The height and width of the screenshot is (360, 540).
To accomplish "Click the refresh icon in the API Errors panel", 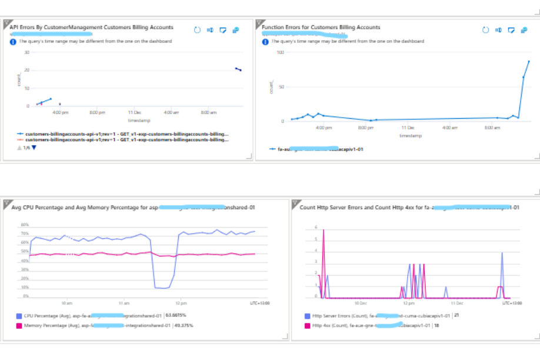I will point(196,29).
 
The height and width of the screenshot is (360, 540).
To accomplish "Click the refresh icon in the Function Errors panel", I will point(485,29).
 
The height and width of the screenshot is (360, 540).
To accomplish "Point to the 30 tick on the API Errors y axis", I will point(27,52).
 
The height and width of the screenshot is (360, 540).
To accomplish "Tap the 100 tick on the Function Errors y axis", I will point(281,52).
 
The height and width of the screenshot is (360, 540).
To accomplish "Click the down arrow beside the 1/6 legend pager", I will point(34,148).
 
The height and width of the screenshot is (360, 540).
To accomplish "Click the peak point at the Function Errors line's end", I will point(528,61).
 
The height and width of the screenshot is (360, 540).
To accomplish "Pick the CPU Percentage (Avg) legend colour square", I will point(19,316).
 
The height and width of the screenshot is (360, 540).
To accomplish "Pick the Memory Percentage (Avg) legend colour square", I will point(19,325).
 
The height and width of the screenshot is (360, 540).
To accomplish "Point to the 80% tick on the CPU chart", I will point(25,225).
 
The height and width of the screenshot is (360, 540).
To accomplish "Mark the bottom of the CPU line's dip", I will point(162,288).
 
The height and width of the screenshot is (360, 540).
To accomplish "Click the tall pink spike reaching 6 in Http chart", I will point(323,230).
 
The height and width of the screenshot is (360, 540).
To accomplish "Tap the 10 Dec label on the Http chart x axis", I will point(361,304).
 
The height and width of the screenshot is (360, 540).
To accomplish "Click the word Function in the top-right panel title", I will point(272,27).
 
